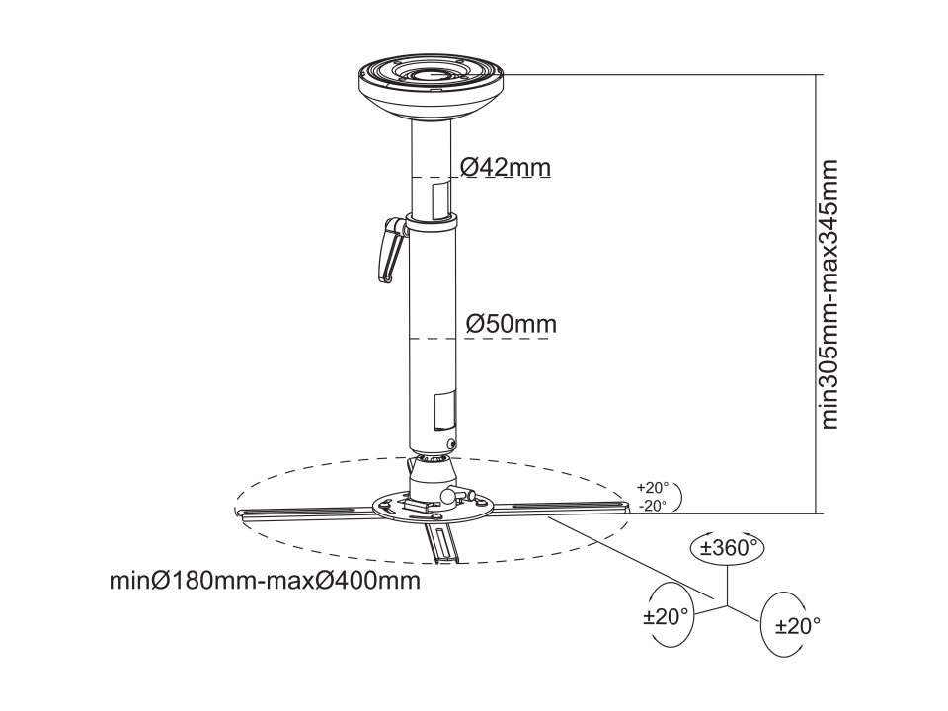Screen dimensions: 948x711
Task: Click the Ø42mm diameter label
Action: coord(506,167)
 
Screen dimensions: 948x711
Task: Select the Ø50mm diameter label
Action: coord(511,324)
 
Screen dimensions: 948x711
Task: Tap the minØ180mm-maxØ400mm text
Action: coord(265,581)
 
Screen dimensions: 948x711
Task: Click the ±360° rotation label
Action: coord(729,548)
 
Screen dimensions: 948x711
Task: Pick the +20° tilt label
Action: coord(653,487)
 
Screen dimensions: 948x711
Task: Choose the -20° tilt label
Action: coord(653,506)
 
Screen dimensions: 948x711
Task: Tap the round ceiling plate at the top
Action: coord(432,88)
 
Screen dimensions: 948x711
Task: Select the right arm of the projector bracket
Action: coord(559,507)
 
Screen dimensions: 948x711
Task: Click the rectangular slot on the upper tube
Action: coord(440,199)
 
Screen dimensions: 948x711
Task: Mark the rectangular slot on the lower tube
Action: coord(444,411)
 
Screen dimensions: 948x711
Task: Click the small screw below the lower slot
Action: coord(450,443)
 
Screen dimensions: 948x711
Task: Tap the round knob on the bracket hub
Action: coord(448,495)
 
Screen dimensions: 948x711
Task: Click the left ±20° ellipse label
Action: coord(666,617)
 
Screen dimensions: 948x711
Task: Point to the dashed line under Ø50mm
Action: coord(480,339)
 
